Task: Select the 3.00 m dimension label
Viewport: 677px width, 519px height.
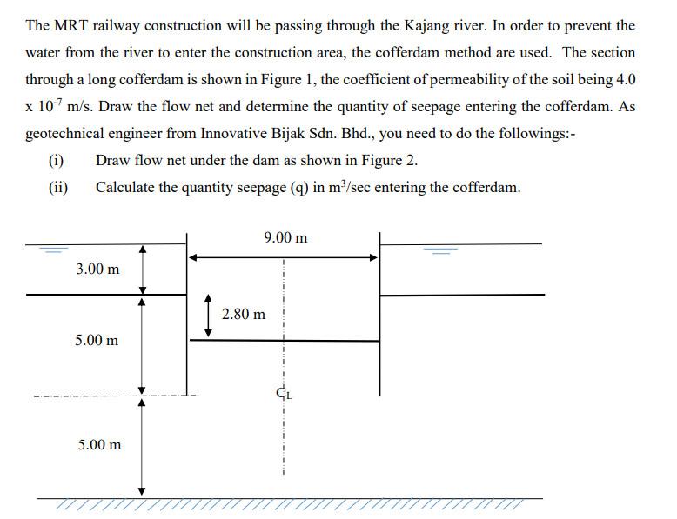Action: point(97,269)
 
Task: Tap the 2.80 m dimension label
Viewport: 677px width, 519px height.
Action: point(244,314)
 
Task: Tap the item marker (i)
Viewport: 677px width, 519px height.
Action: point(57,161)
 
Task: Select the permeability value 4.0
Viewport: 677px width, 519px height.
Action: point(625,80)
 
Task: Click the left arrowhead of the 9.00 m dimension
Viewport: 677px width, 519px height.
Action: point(195,257)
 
